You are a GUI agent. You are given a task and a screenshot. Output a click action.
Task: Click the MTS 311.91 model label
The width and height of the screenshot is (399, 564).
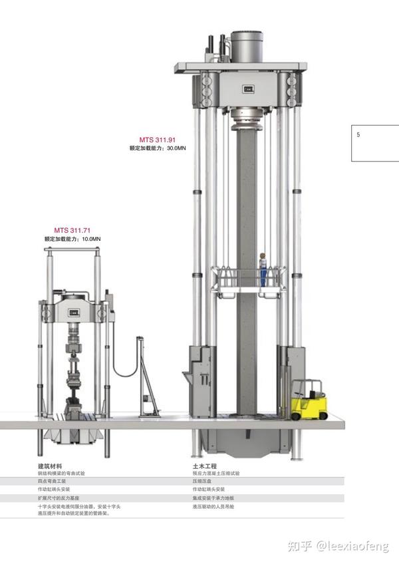coord(157,140)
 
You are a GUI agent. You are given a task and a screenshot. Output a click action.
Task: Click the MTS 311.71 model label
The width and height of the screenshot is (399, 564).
coord(72,230)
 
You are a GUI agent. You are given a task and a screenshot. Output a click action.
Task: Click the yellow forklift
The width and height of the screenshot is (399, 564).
coord(309,400)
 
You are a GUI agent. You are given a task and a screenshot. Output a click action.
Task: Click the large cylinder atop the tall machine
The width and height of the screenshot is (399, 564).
coord(247,47)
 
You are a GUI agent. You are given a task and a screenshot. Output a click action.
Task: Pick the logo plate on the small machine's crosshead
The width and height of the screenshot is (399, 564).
coord(74,313)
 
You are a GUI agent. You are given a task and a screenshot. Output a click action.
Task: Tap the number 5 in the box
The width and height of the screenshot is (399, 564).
coord(358,135)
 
